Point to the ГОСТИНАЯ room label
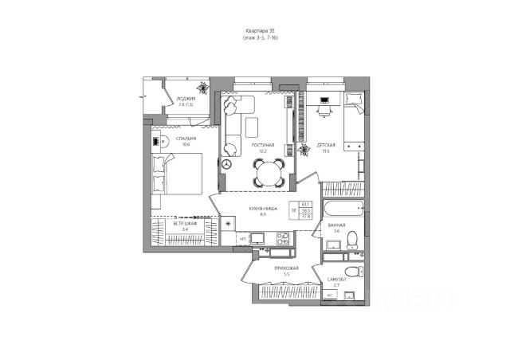click(x=263, y=146)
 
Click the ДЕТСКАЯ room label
click(x=325, y=144)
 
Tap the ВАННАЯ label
click(x=335, y=225)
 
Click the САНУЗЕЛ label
click(x=335, y=278)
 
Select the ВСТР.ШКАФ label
click(x=186, y=224)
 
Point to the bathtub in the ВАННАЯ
click(x=343, y=210)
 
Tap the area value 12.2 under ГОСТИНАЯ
click(x=262, y=151)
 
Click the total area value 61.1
click(x=306, y=205)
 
